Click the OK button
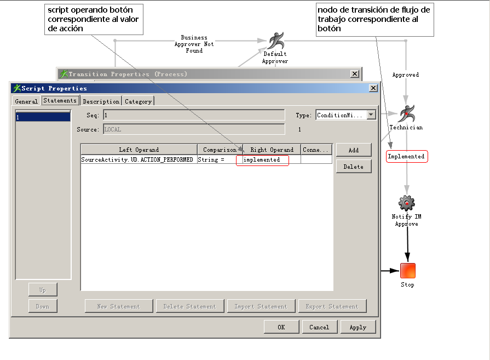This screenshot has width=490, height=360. pyautogui.click(x=281, y=327)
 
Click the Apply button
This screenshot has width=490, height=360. pyautogui.click(x=358, y=327)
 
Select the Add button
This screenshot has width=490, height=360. pyautogui.click(x=354, y=150)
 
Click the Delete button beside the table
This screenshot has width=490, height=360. pyautogui.click(x=354, y=167)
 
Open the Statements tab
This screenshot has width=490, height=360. pyautogui.click(x=60, y=101)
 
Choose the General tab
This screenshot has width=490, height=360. pyautogui.click(x=26, y=101)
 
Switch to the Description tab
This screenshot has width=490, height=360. pyautogui.click(x=101, y=101)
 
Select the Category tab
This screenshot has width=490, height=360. pyautogui.click(x=138, y=101)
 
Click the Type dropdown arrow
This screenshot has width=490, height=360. pyautogui.click(x=371, y=115)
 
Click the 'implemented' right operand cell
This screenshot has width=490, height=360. pyautogui.click(x=272, y=160)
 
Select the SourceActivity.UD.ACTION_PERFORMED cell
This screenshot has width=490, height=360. pyautogui.click(x=137, y=160)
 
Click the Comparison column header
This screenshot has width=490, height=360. pyautogui.click(x=220, y=150)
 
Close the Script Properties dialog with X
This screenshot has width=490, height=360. pyautogui.click(x=373, y=88)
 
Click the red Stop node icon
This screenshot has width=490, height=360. pyautogui.click(x=407, y=271)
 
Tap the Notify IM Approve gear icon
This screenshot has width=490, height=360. pyautogui.click(x=406, y=203)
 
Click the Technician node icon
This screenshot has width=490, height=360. pyautogui.click(x=406, y=114)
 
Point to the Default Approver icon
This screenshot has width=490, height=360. pyautogui.click(x=275, y=41)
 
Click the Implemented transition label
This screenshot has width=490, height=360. pyautogui.click(x=406, y=157)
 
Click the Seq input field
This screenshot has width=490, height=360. pyautogui.click(x=194, y=115)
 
